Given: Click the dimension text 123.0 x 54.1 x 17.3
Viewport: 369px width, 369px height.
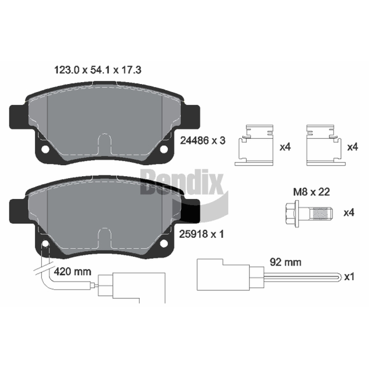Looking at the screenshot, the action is coord(98,70).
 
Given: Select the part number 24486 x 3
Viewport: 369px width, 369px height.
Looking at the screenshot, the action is coord(202,141).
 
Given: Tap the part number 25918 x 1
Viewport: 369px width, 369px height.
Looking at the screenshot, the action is coord(202,234).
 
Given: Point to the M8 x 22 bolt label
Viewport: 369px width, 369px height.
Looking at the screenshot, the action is coord(311,192).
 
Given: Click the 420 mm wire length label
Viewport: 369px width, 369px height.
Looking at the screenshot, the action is coord(72,272).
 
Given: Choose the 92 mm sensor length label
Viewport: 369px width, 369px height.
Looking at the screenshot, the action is coord(286,262).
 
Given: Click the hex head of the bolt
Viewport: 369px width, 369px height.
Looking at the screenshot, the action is coord(290,214).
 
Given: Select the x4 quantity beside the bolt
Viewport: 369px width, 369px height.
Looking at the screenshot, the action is coord(349,213).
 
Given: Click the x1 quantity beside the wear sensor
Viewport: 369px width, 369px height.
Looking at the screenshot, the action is coord(349,277).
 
